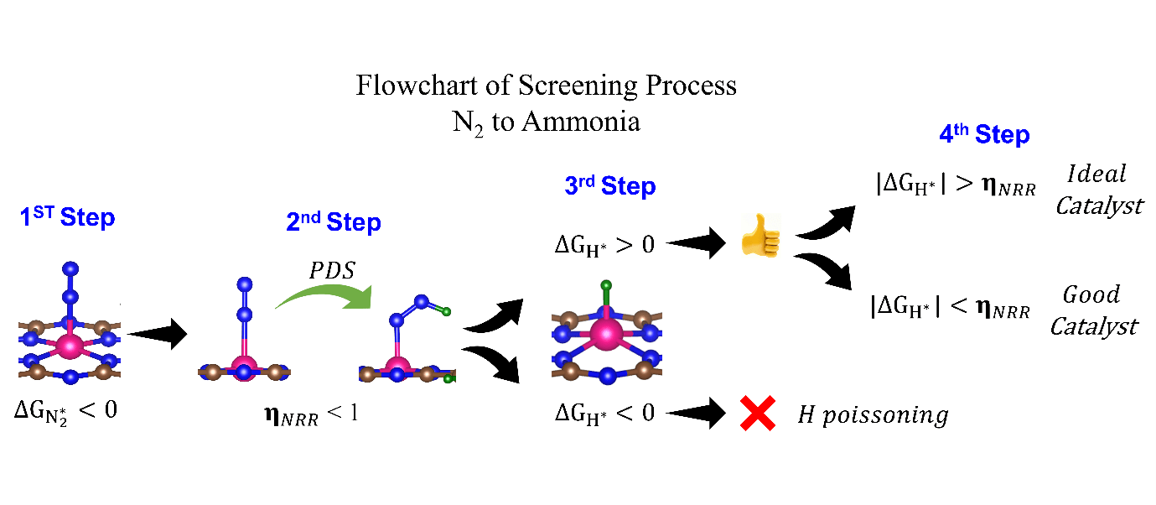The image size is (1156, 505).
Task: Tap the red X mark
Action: point(757,414)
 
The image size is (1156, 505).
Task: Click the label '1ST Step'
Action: point(68,217)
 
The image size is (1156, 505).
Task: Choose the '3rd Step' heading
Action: point(609,186)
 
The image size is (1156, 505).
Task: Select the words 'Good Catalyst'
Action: point(1092,310)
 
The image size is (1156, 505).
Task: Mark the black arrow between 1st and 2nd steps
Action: point(157,334)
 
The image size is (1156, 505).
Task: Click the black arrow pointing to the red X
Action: point(696,414)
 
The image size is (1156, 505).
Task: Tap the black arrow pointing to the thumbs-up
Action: point(696,244)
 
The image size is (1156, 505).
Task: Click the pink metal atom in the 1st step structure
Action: point(70,345)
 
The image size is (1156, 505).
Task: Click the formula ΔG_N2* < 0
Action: point(65,412)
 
